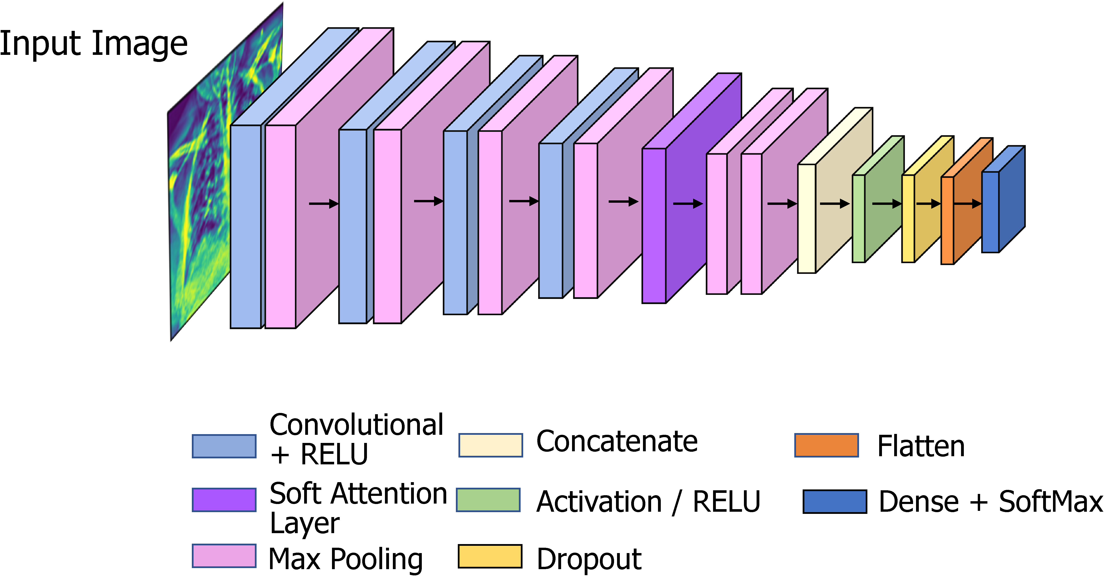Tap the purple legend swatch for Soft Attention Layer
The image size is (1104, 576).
click(224, 500)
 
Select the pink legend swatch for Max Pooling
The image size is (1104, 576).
click(224, 556)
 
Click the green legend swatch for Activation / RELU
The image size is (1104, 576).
click(488, 500)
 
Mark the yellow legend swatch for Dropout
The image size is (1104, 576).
click(490, 556)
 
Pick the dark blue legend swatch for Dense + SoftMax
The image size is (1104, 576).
click(835, 501)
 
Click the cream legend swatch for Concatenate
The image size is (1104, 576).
click(491, 445)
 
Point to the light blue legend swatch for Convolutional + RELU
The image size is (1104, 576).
click(224, 446)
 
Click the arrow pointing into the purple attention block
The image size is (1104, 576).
click(623, 201)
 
